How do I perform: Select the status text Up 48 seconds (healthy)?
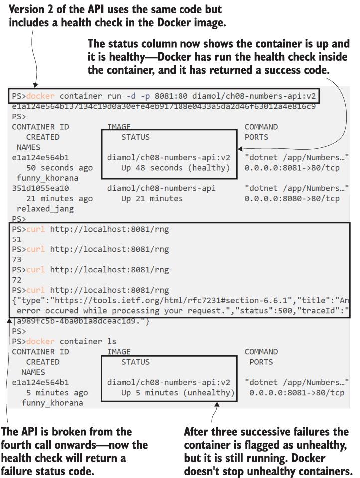tap(176, 168)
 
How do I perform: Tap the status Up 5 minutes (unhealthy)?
tap(178, 393)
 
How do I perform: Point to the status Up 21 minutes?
tap(152, 198)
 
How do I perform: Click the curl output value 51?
tap(17, 239)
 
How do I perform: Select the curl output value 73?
tap(17, 260)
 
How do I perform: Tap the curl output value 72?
tap(17, 280)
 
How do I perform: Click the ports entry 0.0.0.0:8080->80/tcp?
tap(292, 198)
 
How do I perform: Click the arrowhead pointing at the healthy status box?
tap(240, 149)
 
